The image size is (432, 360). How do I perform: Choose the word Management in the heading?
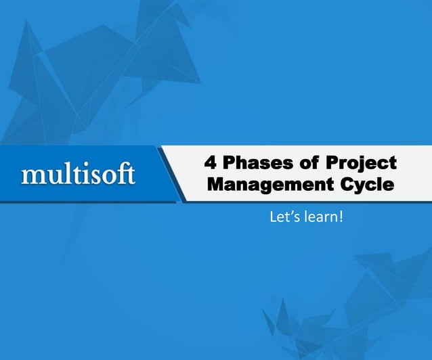269,185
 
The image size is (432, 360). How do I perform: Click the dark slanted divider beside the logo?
170,174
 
